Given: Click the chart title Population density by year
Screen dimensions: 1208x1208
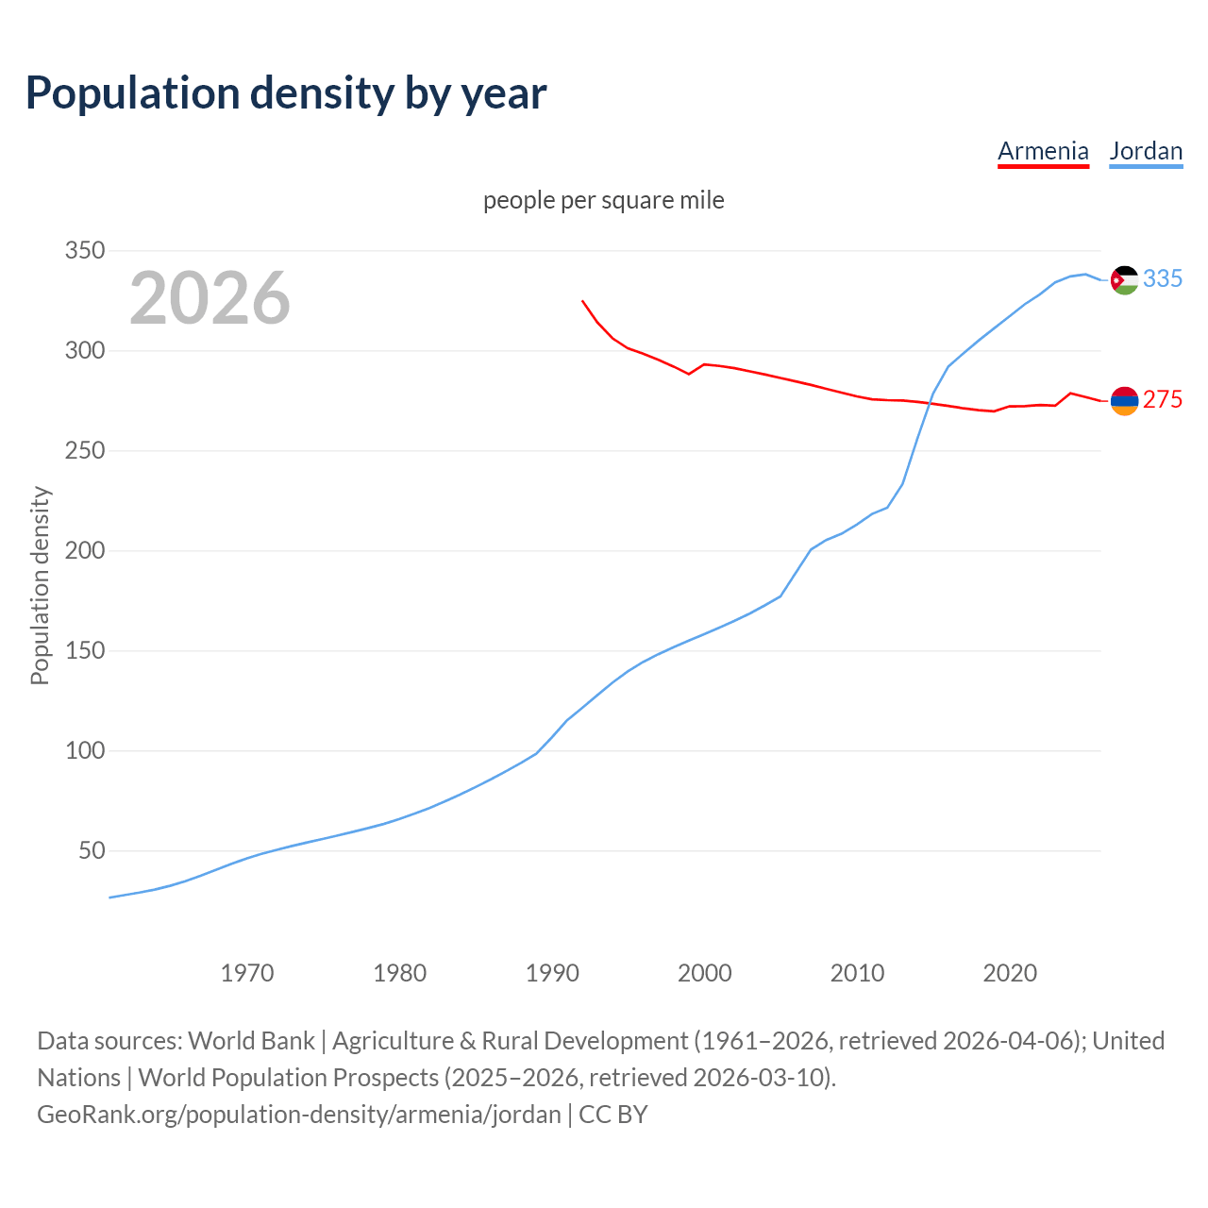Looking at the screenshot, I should tap(286, 93).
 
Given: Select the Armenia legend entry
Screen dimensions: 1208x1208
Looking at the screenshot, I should tap(1043, 151).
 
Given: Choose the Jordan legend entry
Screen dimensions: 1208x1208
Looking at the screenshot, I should tap(1146, 151).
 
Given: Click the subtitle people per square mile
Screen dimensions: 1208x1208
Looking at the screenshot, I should tap(603, 200).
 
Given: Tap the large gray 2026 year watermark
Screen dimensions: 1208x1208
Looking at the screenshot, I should tap(210, 298).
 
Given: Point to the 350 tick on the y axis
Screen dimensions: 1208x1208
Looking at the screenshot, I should tap(84, 251).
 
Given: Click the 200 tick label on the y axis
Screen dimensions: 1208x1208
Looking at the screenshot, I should tap(84, 551).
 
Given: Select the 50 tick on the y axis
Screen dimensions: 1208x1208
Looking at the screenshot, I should tap(92, 851).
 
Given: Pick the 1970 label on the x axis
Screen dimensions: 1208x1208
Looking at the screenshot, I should tap(247, 973).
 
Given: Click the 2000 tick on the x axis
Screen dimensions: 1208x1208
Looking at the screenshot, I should tap(704, 973).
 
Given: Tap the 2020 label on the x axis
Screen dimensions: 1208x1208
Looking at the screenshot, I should tap(1010, 973).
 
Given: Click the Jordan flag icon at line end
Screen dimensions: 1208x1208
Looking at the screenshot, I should tap(1124, 279).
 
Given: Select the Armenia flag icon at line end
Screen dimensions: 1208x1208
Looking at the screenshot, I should tap(1124, 400).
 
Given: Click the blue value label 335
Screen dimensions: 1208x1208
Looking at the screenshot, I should tap(1163, 278).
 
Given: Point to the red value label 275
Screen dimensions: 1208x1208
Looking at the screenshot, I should tap(1163, 400).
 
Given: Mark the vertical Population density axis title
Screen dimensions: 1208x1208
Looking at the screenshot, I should tap(40, 585).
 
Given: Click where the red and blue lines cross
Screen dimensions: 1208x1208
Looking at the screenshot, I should tap(930, 403).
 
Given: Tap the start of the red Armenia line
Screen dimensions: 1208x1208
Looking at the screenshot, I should tap(582, 301).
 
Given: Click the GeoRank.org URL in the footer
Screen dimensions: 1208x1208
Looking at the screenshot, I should tap(299, 1114).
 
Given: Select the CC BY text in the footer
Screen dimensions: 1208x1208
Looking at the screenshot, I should tap(613, 1114).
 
